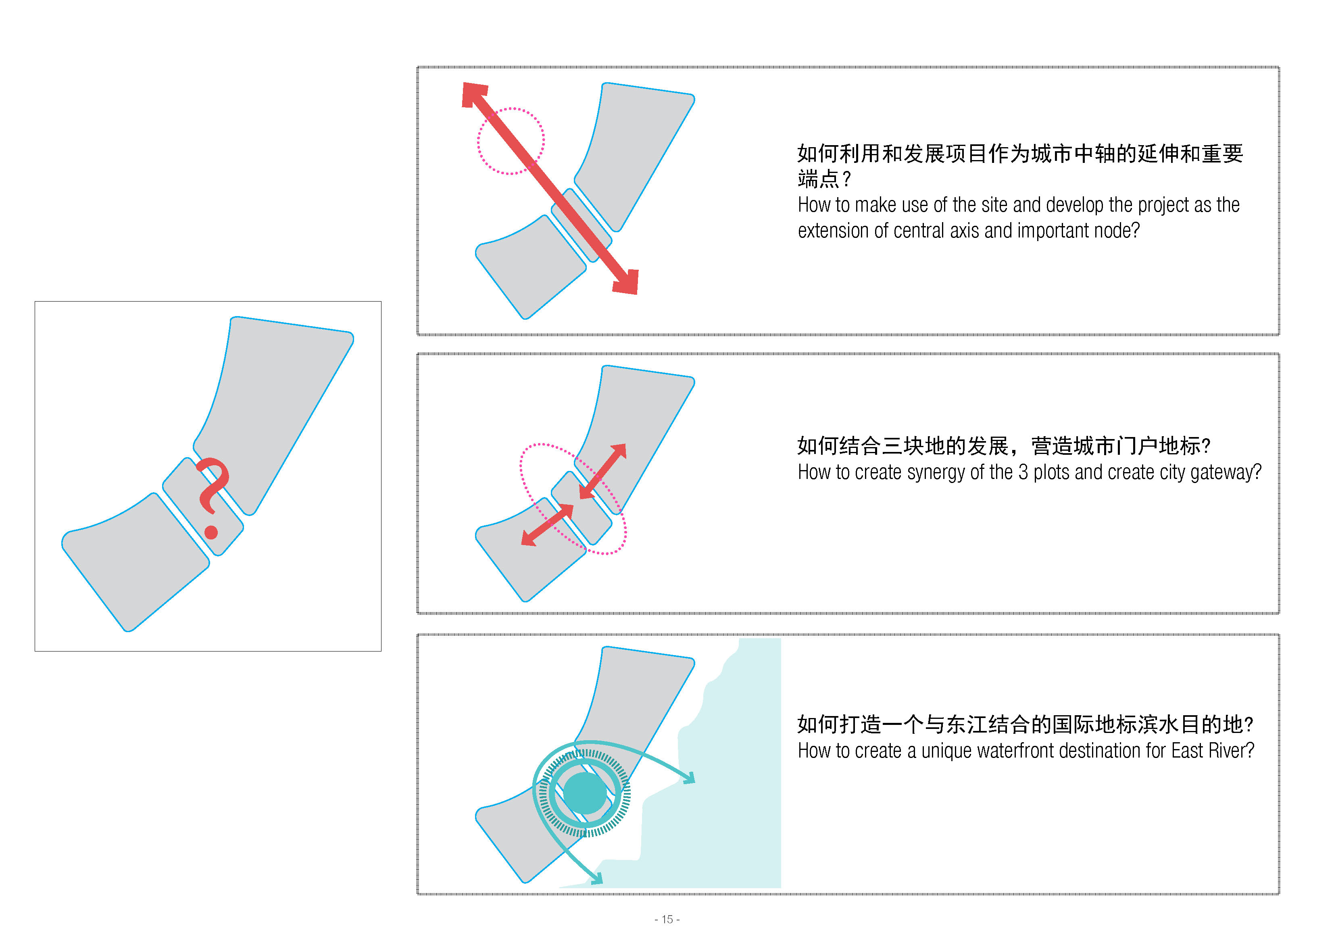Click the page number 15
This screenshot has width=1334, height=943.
[667, 919]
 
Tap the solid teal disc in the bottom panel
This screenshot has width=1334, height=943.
[585, 793]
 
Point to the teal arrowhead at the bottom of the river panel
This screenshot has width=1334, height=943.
[597, 879]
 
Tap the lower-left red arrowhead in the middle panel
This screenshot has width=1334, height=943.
[528, 539]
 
